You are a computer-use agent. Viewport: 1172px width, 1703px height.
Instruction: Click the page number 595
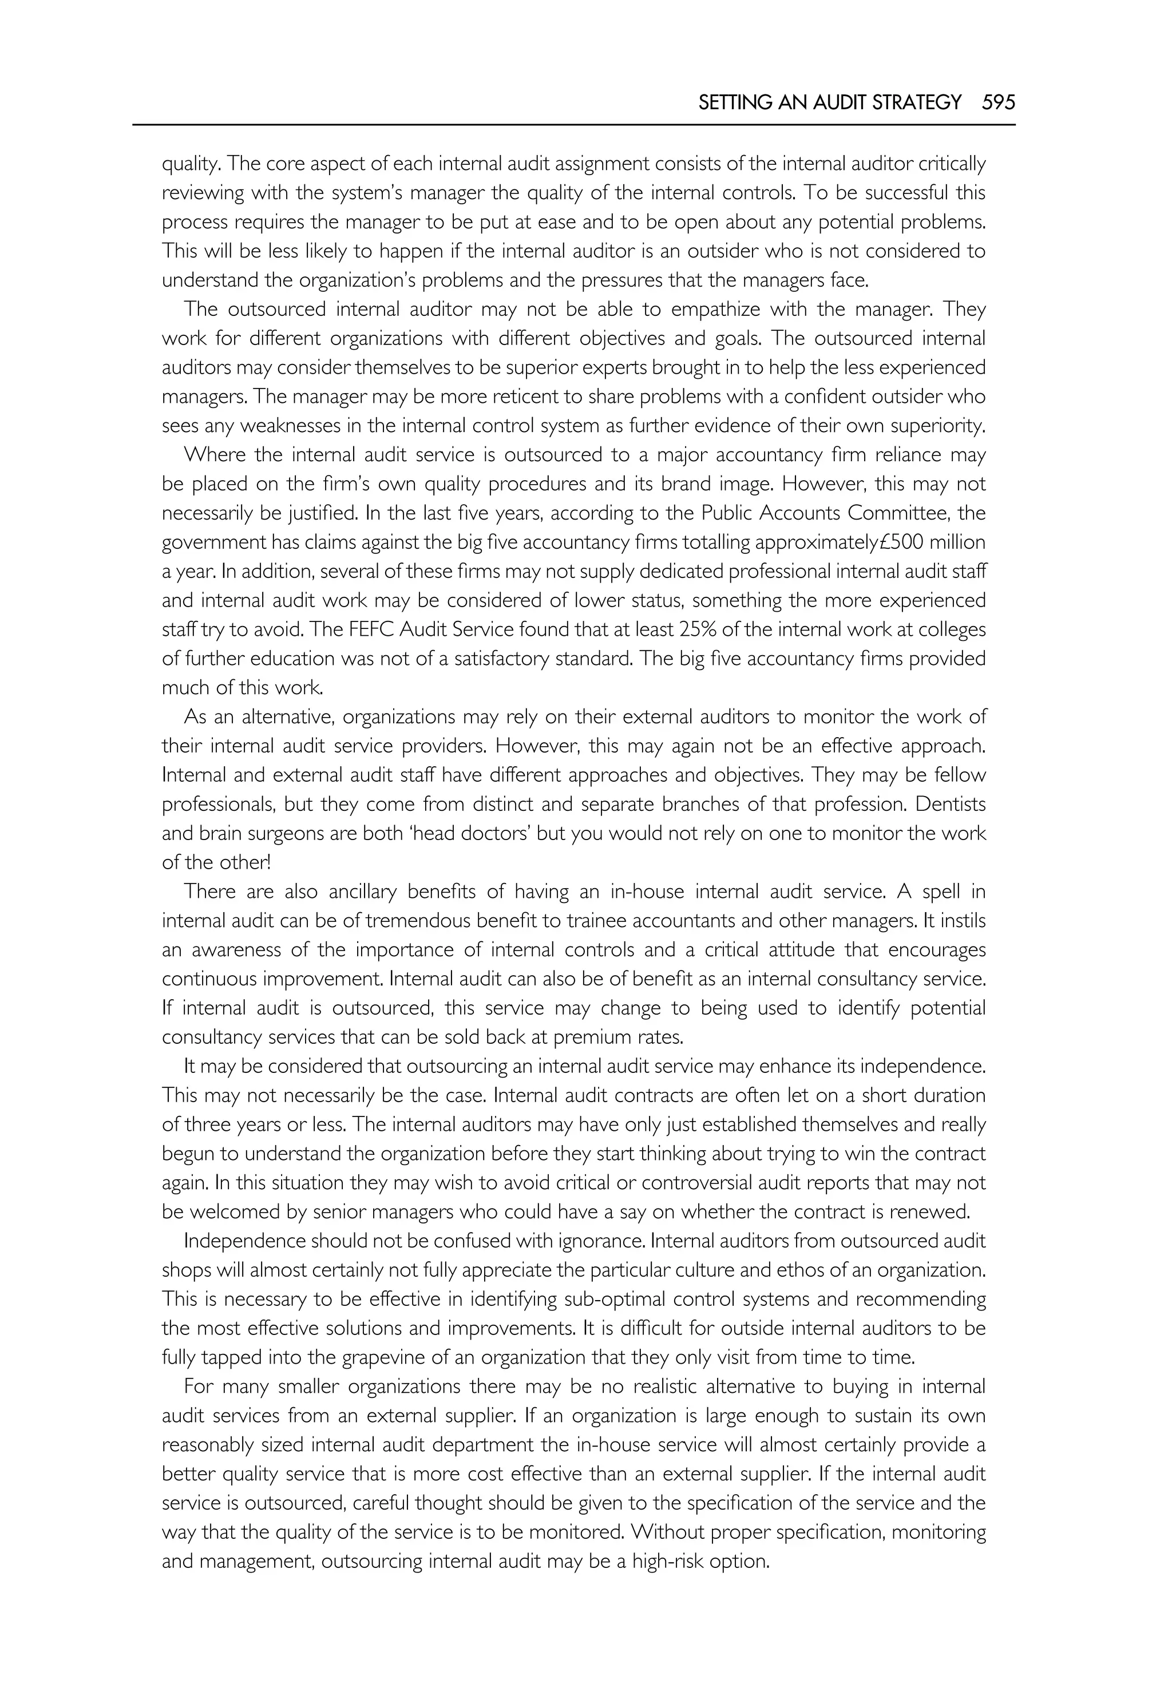coord(999,102)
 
